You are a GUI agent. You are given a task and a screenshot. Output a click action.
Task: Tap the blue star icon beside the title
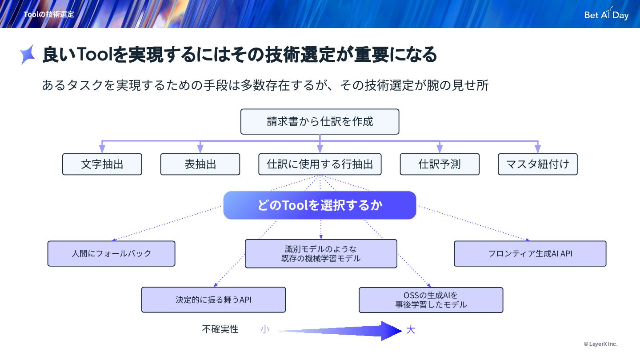point(28,55)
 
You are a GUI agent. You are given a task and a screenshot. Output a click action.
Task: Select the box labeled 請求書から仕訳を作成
point(320,122)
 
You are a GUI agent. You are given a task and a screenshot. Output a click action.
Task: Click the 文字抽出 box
point(102,164)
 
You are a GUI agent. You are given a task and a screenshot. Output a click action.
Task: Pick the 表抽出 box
point(200,164)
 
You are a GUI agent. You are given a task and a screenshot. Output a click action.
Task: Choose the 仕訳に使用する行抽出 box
point(320,164)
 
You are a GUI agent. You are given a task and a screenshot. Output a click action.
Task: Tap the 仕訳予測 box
point(440,164)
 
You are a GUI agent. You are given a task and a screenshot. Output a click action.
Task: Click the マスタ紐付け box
point(538,164)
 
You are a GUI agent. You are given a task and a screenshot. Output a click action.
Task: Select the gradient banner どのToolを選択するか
point(320,205)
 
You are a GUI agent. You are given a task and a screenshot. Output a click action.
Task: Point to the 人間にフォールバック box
point(111,254)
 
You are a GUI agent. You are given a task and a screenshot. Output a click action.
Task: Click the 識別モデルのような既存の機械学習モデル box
point(321,254)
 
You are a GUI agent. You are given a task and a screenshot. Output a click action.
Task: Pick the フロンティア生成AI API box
point(530,254)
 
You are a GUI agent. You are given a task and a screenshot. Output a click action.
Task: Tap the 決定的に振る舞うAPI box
point(213,300)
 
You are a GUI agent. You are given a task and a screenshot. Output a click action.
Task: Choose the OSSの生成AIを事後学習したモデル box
point(431,300)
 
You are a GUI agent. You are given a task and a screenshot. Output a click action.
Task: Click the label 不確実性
point(220,329)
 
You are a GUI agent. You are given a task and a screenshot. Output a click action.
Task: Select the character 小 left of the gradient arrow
point(265,329)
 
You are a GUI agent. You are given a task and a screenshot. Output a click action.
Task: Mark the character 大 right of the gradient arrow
point(411,330)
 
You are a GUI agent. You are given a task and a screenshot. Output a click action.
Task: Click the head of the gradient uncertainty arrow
point(391,331)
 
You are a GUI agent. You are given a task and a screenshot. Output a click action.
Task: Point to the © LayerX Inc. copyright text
point(600,344)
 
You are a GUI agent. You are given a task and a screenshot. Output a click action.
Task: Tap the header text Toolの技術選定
point(49,14)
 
